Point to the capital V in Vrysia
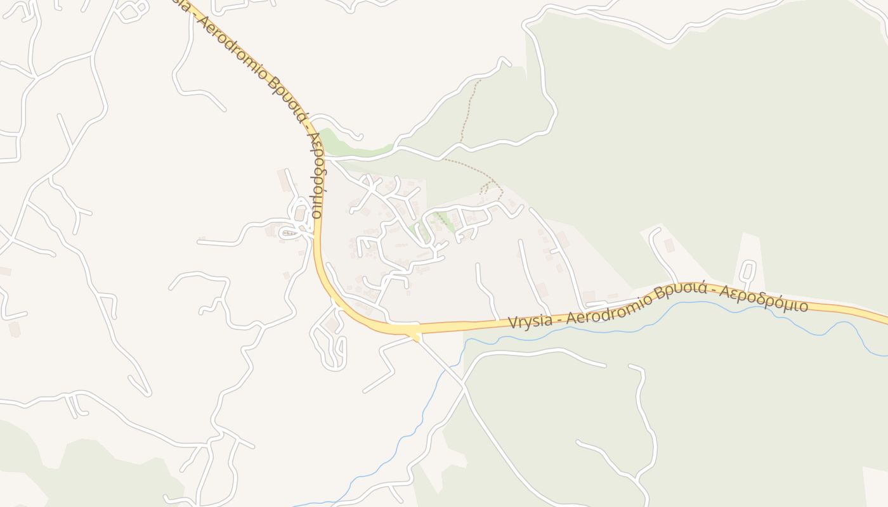[x=513, y=323]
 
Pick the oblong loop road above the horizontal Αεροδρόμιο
[x=748, y=271]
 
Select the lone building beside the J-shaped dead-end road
[x=669, y=245]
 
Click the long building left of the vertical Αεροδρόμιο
[x=284, y=180]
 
